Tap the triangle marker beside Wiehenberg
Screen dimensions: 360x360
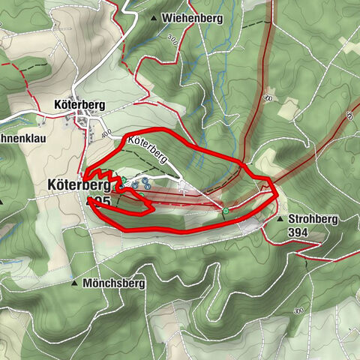154,18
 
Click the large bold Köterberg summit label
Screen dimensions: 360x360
78,184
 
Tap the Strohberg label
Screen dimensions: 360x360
313,219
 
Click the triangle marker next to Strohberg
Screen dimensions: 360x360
280,220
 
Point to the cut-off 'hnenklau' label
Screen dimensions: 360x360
22,138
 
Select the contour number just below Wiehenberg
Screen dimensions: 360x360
173,37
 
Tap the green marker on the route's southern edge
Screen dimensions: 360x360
225,212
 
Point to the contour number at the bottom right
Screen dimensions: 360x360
298,310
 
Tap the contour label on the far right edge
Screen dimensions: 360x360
349,115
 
